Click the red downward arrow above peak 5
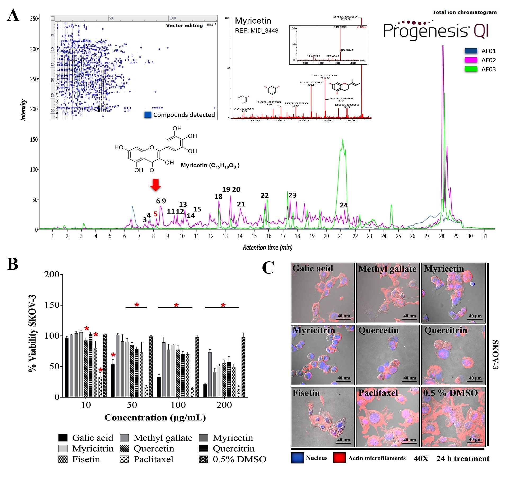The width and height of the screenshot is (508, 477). [x=155, y=185]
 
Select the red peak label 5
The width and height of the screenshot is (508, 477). [x=155, y=214]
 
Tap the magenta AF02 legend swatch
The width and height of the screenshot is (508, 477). [x=471, y=60]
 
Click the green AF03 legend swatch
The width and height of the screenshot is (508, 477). [x=471, y=69]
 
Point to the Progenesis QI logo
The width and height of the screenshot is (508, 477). [x=436, y=30]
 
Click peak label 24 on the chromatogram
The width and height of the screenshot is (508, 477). [x=344, y=205]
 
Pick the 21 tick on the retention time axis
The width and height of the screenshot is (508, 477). [x=341, y=236]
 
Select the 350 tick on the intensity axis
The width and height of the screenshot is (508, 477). [x=34, y=19]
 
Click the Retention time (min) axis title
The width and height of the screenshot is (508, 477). [x=268, y=248]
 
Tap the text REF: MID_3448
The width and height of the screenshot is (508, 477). [x=256, y=31]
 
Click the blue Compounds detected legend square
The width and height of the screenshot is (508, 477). [x=148, y=115]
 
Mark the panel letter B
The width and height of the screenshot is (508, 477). [x=13, y=264]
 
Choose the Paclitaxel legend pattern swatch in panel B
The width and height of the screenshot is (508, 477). [x=124, y=459]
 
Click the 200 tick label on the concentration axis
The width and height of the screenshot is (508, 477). [x=224, y=405]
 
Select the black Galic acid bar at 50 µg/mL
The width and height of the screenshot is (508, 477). [x=113, y=381]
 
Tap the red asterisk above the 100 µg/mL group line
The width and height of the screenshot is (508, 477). [x=176, y=305]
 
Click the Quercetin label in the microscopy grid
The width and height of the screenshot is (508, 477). [x=378, y=330]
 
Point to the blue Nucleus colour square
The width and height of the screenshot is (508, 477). [x=297, y=458]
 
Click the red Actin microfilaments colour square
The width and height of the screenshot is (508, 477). [x=340, y=458]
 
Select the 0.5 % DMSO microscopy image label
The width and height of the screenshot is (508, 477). [x=450, y=393]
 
